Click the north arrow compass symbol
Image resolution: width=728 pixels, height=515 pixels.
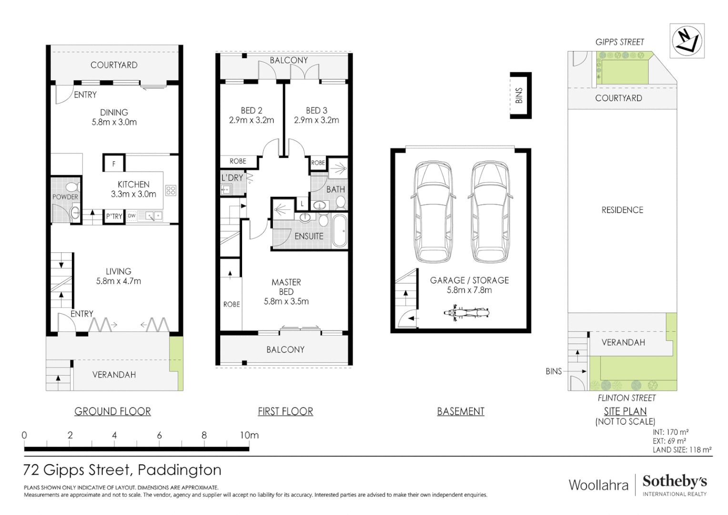click(x=687, y=41)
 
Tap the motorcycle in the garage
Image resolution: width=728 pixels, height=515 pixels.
click(x=466, y=313)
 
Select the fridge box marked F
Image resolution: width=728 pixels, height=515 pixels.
click(x=114, y=163)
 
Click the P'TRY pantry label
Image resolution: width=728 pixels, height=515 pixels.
click(x=114, y=216)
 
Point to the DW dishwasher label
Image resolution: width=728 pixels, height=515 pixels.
click(x=131, y=216)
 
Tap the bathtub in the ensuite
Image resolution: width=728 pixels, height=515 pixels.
click(x=340, y=231)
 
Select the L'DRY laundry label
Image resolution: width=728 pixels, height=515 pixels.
click(x=233, y=178)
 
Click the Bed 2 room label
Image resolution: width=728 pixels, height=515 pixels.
click(x=252, y=111)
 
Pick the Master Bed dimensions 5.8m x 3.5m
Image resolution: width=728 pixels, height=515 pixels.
click(x=286, y=301)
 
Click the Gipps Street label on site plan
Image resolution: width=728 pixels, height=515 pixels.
click(x=619, y=42)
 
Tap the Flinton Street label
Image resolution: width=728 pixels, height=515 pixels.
click(x=627, y=398)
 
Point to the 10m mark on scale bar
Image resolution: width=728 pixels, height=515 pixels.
click(x=249, y=435)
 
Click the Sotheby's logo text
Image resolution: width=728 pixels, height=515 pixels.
click(x=675, y=482)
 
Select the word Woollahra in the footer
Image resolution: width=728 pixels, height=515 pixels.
click(x=598, y=485)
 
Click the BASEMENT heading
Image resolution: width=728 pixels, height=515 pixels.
click(x=461, y=412)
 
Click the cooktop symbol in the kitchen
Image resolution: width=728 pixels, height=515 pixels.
click(x=171, y=190)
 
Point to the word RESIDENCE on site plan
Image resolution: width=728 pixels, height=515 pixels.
click(x=622, y=210)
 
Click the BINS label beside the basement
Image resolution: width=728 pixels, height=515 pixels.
click(x=519, y=95)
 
